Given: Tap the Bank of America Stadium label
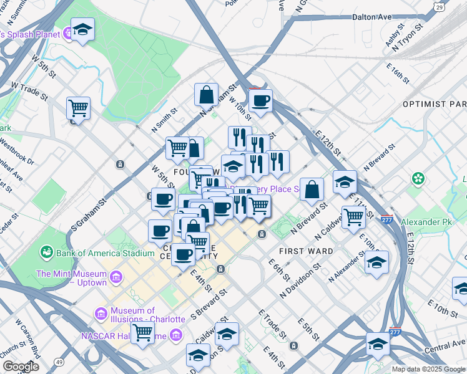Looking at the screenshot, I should coord(105,253).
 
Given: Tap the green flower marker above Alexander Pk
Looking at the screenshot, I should coord(417,179).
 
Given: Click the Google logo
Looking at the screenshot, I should coord(21,367).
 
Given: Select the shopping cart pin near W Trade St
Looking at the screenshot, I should coord(78,108).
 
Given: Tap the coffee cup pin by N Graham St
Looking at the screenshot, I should coord(260,99).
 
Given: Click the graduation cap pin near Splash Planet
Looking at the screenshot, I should coord(82,29).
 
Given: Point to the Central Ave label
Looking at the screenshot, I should coord(444,347).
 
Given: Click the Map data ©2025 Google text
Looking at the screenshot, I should coord(428,369).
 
